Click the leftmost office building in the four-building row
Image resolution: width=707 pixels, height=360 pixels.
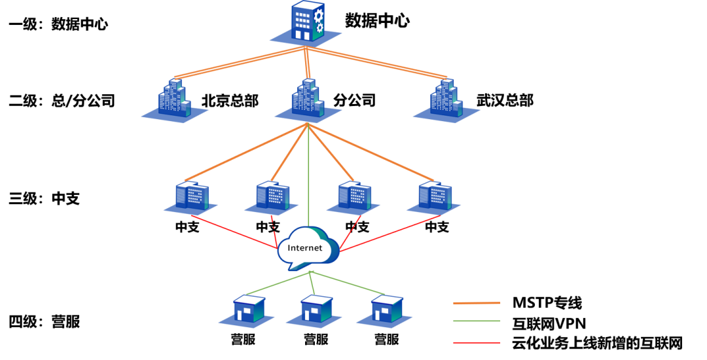tap(191, 196)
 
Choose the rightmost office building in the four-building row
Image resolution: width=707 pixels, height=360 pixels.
tap(435, 196)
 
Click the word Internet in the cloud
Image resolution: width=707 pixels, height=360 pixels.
tap(305, 248)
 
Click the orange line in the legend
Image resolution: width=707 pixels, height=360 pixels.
tap(477, 303)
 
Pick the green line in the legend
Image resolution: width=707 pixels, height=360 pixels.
tap(477, 321)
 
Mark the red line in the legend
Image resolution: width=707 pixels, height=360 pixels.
tap(477, 342)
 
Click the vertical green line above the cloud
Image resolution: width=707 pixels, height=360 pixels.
tap(308, 177)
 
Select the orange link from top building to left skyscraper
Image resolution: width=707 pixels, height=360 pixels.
tap(239, 63)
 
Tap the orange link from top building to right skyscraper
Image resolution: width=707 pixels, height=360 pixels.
tap(376, 63)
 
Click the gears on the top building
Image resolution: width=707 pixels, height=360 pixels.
tap(318, 20)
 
